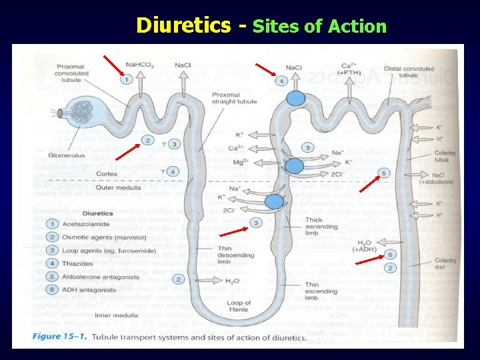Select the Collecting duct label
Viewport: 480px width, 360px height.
pos(445,263)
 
